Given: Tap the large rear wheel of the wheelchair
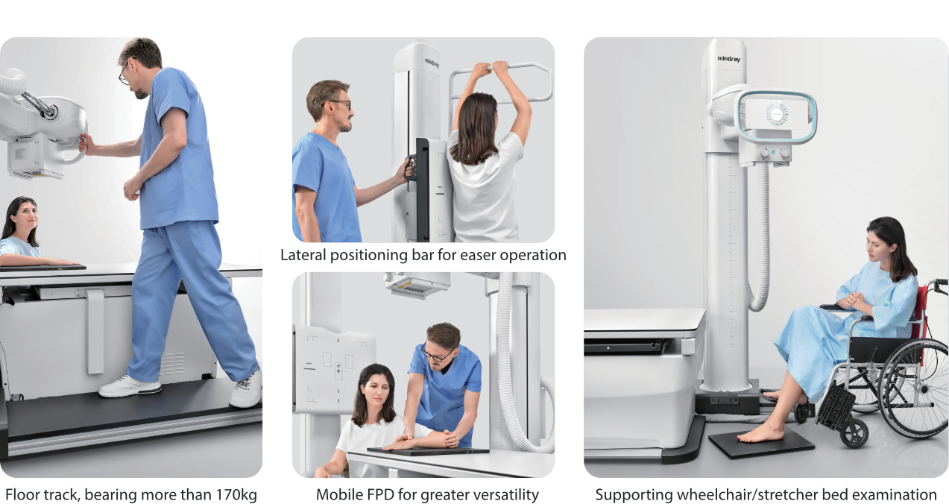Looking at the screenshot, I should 914,388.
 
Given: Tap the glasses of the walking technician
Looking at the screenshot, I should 124,75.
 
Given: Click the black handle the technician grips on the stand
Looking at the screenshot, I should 409,167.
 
